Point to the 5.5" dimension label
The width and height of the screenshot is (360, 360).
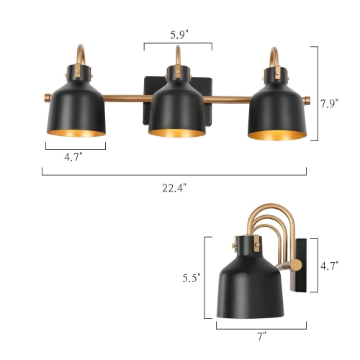191,276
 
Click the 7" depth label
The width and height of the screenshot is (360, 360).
261,336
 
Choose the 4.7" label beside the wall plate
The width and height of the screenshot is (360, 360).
330,266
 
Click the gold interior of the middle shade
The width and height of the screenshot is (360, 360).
177,131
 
